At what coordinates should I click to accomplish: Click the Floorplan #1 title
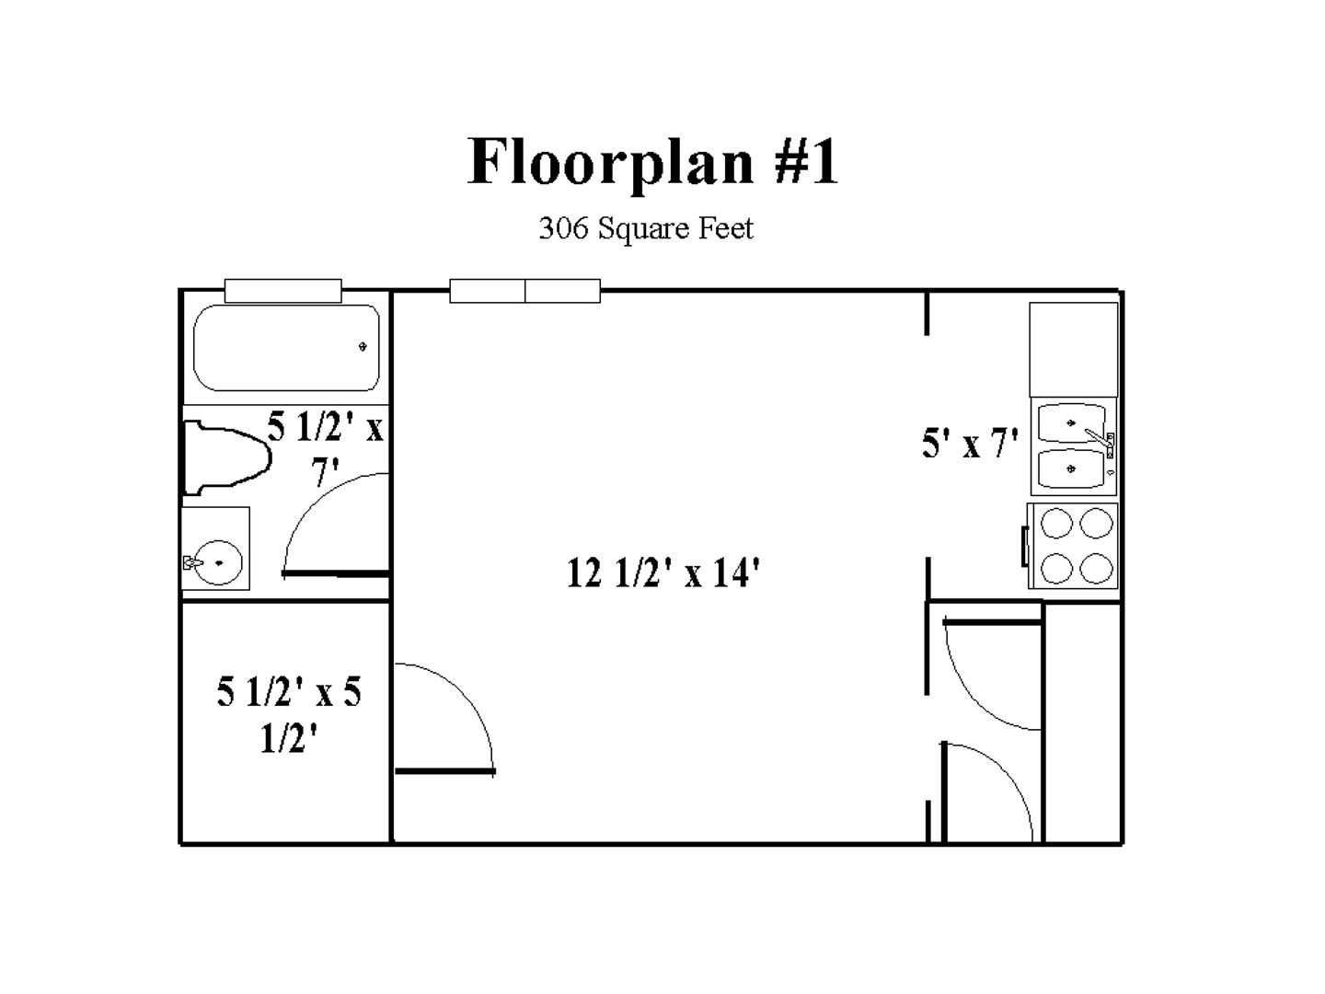pos(652,161)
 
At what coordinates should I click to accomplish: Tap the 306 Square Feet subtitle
pos(645,229)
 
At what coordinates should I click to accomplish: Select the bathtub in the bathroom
pos(286,348)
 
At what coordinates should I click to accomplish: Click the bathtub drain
pos(363,346)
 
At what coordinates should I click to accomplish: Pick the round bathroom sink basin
pos(219,562)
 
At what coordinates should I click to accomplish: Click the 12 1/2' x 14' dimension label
pos(662,572)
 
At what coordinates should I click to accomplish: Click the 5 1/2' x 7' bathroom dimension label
pos(326,448)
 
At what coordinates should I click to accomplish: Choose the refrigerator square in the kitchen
pos(1073,350)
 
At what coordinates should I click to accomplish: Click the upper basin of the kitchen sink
pos(1071,423)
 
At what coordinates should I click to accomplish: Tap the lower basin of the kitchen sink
pos(1071,469)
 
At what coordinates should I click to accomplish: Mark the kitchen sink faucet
pos(1100,439)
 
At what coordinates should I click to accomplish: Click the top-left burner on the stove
pos(1056,523)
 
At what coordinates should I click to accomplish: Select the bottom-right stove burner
pos(1096,569)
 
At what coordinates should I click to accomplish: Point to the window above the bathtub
pos(283,290)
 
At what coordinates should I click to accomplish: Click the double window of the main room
pos(524,290)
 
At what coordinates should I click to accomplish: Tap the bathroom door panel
pos(336,573)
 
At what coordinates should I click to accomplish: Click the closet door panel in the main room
pos(444,771)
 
